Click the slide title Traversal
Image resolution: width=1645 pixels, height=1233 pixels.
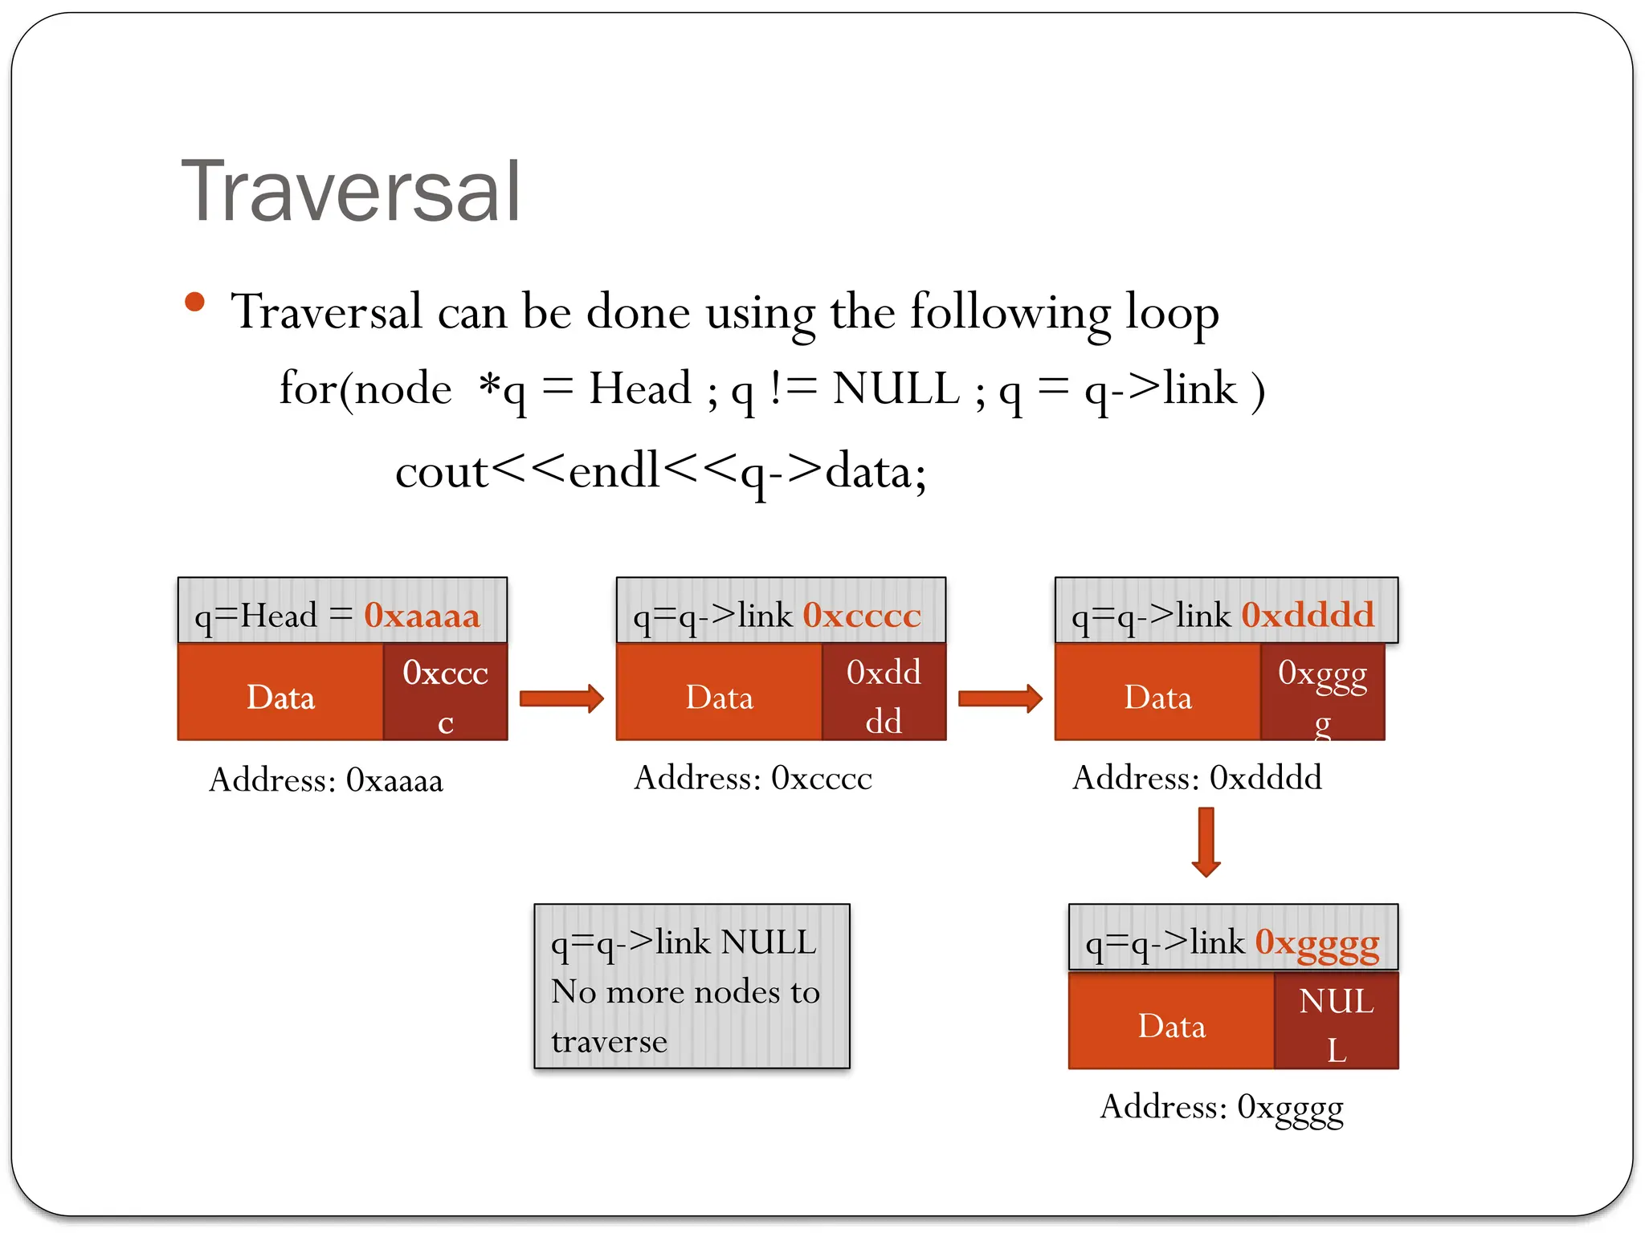pos(351,193)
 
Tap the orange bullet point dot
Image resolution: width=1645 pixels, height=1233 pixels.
pos(194,303)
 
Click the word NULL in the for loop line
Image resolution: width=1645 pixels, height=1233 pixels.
pos(896,389)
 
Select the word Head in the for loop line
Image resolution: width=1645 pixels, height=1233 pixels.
pos(639,389)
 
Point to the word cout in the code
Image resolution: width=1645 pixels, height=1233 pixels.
pos(441,472)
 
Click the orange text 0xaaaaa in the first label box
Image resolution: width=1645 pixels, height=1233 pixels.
pos(422,616)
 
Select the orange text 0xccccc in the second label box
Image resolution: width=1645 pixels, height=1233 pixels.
pos(861,616)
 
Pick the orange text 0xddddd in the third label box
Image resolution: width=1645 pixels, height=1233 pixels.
pos(1308,616)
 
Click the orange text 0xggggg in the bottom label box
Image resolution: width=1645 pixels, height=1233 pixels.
pos(1316,942)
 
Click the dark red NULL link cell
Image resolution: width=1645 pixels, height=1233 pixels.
pos(1336,1021)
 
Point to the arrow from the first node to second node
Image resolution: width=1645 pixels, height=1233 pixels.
pos(561,698)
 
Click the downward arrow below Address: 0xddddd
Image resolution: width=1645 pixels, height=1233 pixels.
pos(1206,842)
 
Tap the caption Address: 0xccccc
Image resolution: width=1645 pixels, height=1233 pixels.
pos(753,778)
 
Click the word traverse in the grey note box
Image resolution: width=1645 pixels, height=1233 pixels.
pos(609,1042)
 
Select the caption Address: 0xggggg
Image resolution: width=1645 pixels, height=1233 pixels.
pos(1221,1107)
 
